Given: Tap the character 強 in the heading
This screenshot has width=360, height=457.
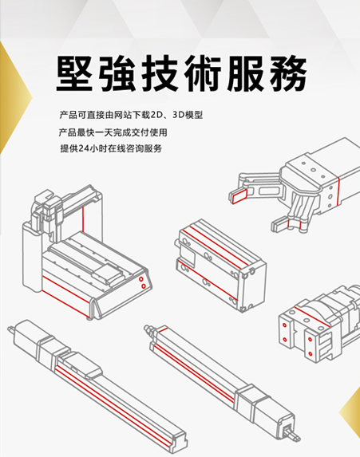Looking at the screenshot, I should pyautogui.click(x=120, y=77).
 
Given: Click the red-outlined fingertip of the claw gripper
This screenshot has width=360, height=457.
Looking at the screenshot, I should pyautogui.click(x=239, y=192).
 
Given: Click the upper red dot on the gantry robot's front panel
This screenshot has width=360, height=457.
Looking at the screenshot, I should pyautogui.click(x=141, y=279).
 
